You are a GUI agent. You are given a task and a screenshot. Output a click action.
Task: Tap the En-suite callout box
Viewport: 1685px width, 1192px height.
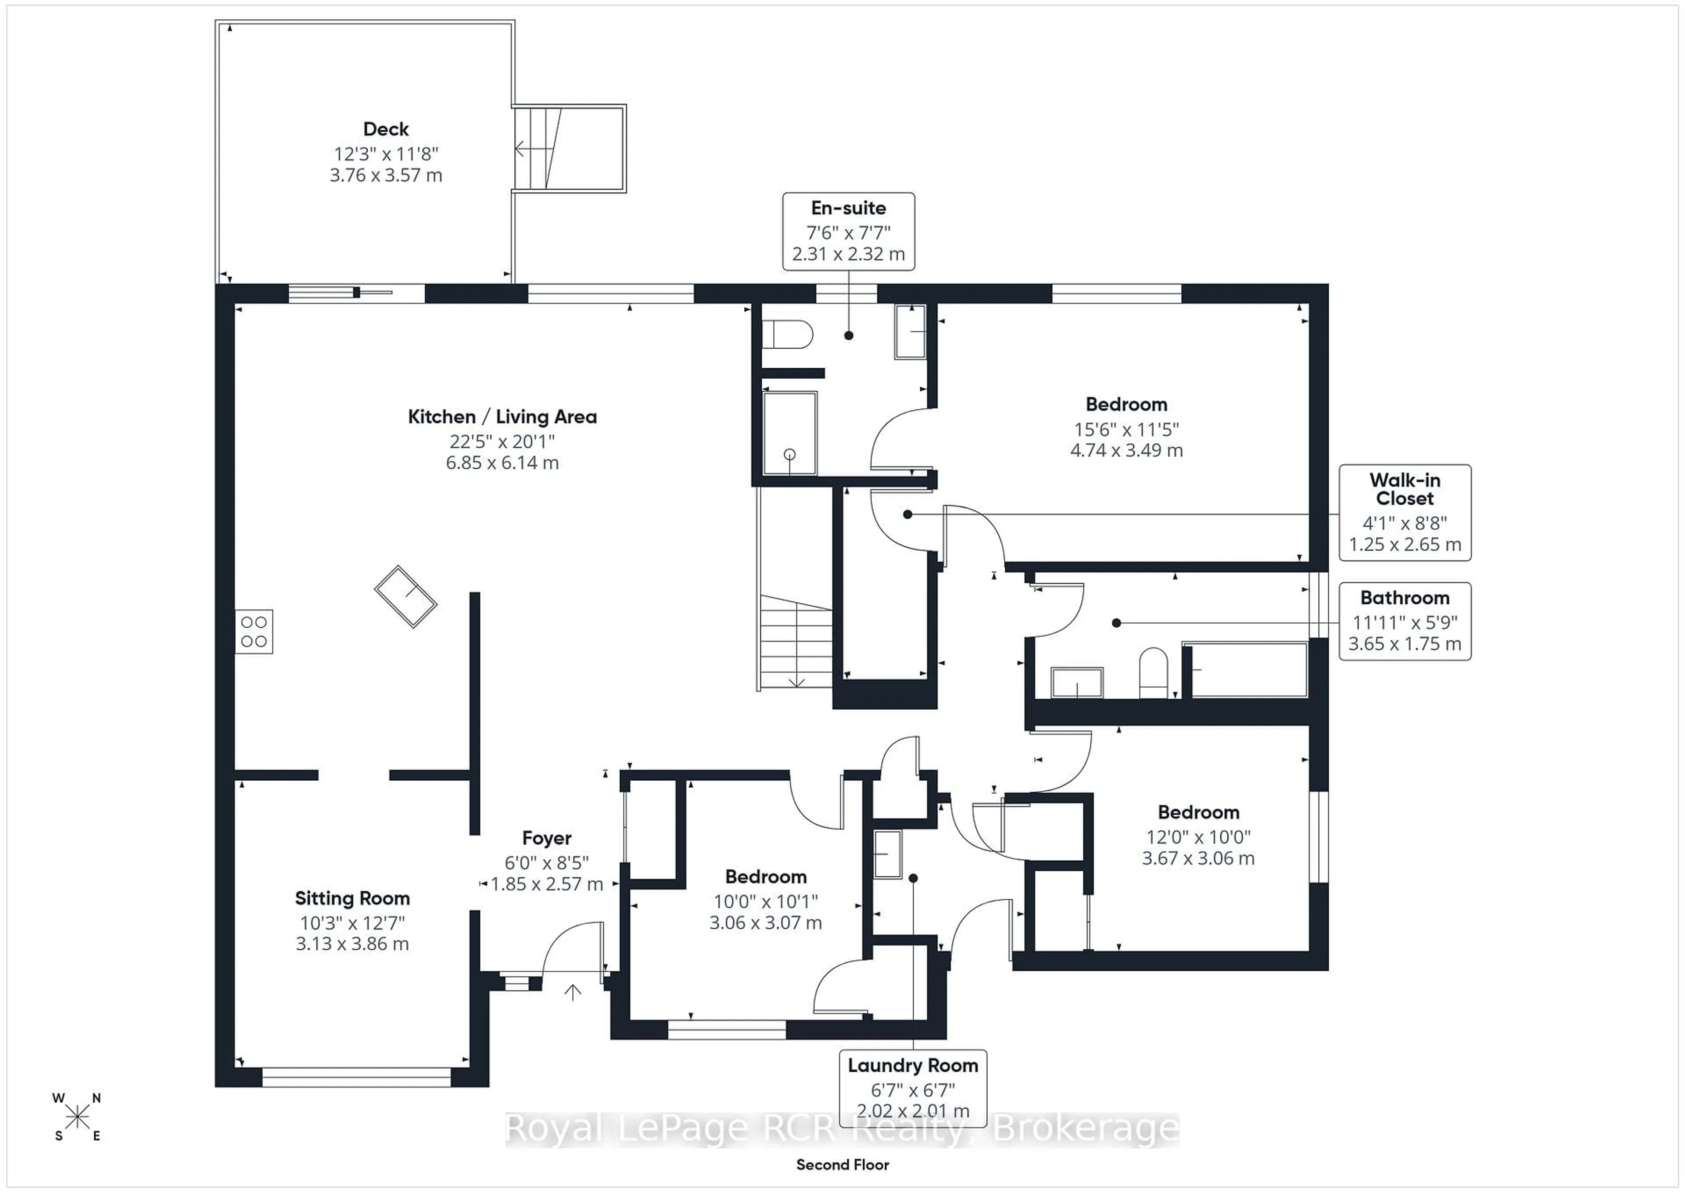[848, 231]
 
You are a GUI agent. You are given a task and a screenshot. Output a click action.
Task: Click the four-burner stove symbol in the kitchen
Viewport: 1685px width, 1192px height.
[254, 631]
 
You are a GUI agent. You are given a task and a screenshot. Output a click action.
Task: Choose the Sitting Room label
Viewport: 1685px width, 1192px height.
[352, 898]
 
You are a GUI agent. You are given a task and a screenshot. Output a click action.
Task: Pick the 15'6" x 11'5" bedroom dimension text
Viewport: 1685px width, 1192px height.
[1126, 429]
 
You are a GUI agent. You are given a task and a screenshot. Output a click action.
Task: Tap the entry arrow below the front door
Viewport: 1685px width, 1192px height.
[573, 992]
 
